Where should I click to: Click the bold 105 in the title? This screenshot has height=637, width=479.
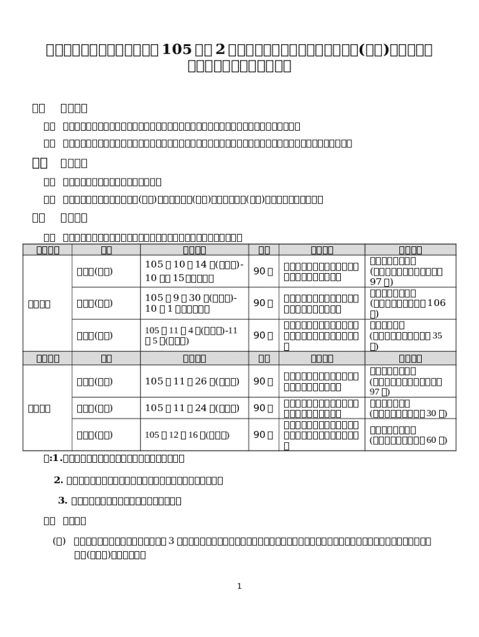175,50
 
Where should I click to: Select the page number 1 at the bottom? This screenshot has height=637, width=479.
240,586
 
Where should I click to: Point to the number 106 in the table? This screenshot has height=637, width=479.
437,303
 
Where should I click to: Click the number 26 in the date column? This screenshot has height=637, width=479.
202,381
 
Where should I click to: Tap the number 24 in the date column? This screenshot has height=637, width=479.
202,407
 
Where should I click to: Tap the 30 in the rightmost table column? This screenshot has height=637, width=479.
431,413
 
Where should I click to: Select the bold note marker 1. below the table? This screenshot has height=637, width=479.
57,458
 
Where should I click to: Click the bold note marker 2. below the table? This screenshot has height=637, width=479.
59,480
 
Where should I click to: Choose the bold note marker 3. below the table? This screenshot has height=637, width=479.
63,500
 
